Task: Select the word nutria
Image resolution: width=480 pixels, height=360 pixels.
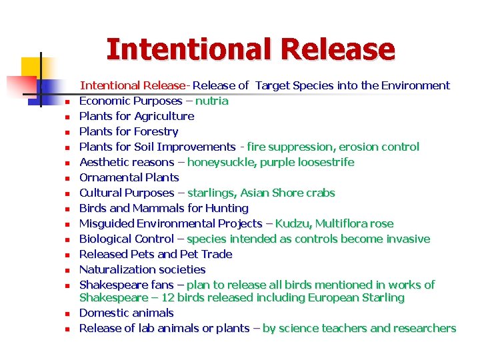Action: pyautogui.click(x=211, y=101)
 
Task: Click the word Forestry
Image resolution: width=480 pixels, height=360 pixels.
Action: pyautogui.click(x=156, y=131)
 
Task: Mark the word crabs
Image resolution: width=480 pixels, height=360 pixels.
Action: pyautogui.click(x=319, y=193)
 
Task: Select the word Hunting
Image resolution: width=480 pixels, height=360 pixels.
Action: pyautogui.click(x=227, y=208)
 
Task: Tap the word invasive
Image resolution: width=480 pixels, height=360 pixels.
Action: pyautogui.click(x=407, y=239)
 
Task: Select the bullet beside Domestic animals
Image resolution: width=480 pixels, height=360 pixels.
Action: pyautogui.click(x=67, y=314)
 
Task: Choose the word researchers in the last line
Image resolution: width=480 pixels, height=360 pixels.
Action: pyautogui.click(x=424, y=328)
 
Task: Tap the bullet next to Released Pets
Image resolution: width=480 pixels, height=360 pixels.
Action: pyautogui.click(x=67, y=255)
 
